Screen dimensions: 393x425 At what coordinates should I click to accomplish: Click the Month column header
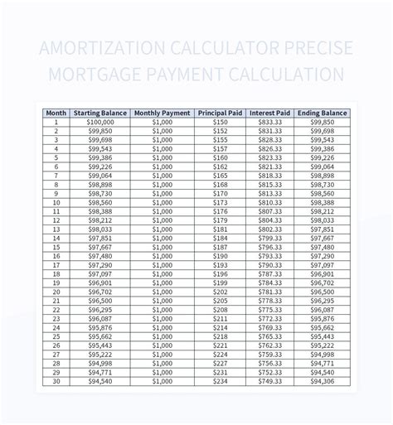pyautogui.click(x=56, y=112)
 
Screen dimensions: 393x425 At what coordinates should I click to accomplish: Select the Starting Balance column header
pyautogui.click(x=99, y=112)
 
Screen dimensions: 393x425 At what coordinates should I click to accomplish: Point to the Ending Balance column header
pyautogui.click(x=323, y=112)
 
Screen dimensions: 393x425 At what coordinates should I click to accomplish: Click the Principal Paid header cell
pyautogui.click(x=219, y=112)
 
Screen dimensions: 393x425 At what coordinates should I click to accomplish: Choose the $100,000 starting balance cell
pyautogui.click(x=99, y=122)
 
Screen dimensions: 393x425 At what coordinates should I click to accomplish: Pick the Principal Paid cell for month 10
pyautogui.click(x=219, y=202)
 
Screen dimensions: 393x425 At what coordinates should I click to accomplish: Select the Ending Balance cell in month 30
pyautogui.click(x=323, y=382)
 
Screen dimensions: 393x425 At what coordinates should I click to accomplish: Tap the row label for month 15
pyautogui.click(x=56, y=247)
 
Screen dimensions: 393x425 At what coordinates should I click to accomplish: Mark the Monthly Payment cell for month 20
pyautogui.click(x=163, y=292)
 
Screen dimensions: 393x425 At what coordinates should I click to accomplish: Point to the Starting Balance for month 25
pyautogui.click(x=99, y=337)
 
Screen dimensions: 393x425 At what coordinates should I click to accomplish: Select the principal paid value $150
pyautogui.click(x=219, y=122)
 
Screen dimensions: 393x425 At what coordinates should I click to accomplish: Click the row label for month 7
pyautogui.click(x=56, y=176)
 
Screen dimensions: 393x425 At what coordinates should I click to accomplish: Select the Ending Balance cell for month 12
pyautogui.click(x=323, y=220)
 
